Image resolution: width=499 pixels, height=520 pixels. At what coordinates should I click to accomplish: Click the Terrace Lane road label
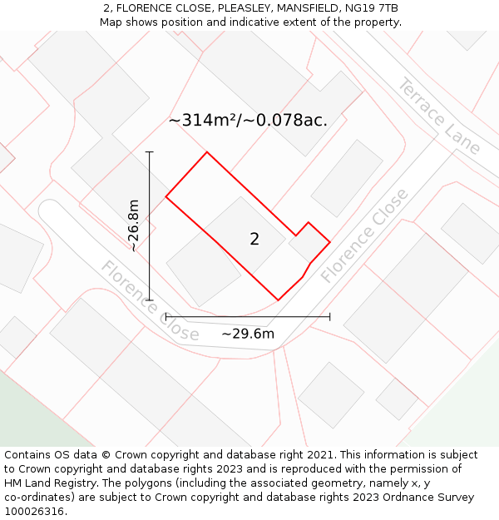tap(439, 116)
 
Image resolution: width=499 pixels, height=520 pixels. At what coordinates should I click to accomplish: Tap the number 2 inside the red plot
tap(254, 240)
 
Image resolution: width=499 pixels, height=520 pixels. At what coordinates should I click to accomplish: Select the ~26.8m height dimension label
tap(134, 225)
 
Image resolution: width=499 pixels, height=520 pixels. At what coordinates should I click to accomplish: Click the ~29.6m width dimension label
tap(248, 334)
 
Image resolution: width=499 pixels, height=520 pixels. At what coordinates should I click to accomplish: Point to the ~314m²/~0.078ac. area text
tap(248, 121)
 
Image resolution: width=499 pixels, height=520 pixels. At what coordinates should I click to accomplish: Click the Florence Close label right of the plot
tap(365, 235)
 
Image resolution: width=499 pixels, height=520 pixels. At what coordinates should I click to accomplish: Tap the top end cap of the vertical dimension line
tap(150, 152)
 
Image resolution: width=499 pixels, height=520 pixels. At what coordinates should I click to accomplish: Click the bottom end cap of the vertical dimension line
tap(150, 300)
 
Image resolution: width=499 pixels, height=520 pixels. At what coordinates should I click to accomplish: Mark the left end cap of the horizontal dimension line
tap(166, 316)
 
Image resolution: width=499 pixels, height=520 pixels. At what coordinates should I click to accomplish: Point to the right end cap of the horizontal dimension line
tap(330, 316)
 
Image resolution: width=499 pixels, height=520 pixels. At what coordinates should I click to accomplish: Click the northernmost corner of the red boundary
tap(206, 152)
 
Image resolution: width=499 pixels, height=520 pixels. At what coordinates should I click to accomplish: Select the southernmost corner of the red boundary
tap(278, 300)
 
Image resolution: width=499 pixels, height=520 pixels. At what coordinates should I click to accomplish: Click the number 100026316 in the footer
tap(32, 512)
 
